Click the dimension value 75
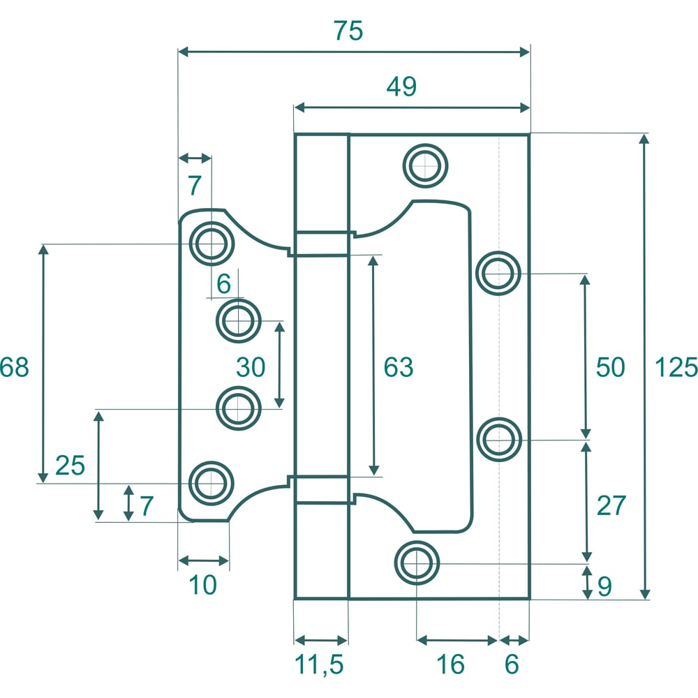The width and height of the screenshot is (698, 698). pos(348,31)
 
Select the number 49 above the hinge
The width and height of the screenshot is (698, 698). pos(401,87)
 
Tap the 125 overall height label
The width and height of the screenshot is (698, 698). pos(676,368)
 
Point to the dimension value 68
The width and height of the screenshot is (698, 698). pos(14,367)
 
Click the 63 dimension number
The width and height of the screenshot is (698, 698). pos(399,367)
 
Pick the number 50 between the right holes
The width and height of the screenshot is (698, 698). pos(611,367)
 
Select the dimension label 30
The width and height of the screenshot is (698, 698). pos(251,367)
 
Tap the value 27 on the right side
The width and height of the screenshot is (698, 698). pos(611,505)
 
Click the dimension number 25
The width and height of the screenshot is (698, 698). pos(70,466)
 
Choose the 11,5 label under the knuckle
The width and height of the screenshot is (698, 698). pos(319,665)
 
